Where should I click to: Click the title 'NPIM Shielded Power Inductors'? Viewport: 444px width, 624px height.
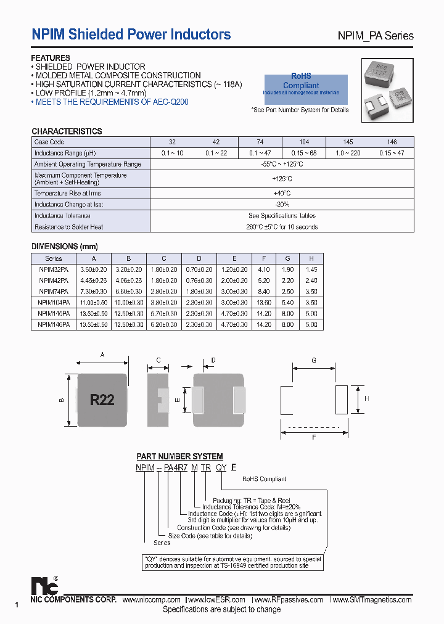tap(131, 35)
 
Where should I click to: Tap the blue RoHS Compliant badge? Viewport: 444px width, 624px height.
tap(306, 86)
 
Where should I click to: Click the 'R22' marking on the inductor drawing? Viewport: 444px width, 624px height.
tap(102, 400)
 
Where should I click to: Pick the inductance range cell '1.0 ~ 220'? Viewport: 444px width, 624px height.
tap(348, 153)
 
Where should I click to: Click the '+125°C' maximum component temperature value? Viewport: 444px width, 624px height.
tap(282, 179)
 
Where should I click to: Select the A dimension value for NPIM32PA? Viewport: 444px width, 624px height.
tap(94, 269)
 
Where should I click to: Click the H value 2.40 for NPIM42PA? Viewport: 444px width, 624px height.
tap(311, 281)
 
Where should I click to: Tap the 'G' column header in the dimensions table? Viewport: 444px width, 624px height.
tap(287, 259)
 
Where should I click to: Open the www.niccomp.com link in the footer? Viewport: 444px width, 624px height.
tap(151, 600)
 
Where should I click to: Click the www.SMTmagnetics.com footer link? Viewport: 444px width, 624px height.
tap(371, 600)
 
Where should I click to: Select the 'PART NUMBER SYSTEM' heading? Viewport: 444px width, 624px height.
tap(179, 456)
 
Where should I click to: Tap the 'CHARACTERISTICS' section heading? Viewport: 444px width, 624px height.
tap(67, 131)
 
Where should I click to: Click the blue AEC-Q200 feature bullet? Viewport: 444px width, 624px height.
tap(111, 102)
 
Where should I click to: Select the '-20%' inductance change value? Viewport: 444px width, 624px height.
tap(282, 204)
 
